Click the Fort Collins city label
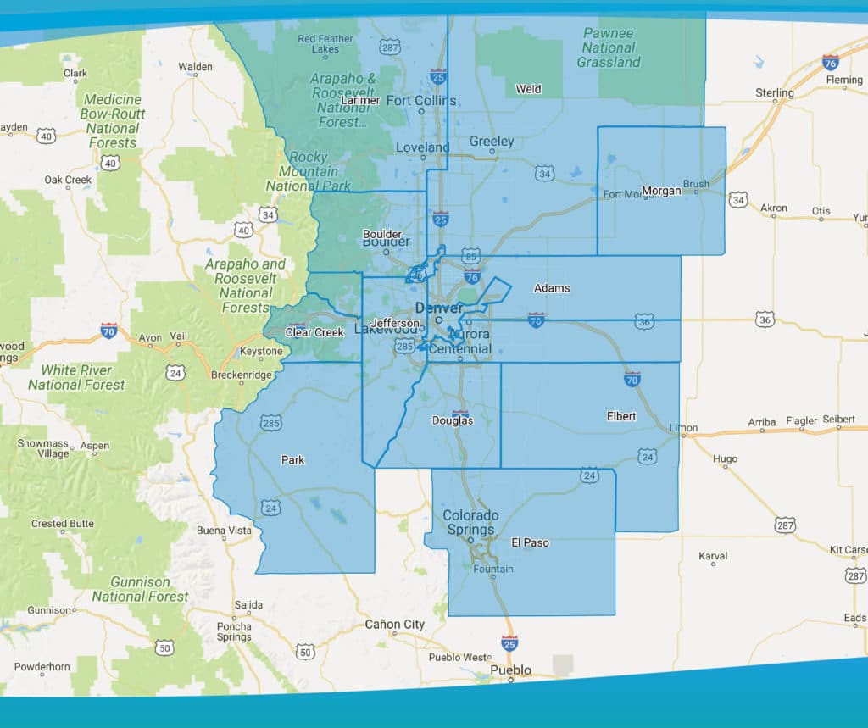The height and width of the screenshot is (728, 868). point(421,101)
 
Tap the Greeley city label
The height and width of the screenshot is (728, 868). point(492,142)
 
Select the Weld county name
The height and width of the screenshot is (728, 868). point(528,89)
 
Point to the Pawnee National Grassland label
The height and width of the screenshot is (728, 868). point(609,48)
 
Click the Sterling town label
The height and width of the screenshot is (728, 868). point(775,92)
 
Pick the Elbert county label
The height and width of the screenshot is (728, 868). point(620,417)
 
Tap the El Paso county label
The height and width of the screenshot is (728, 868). point(530,542)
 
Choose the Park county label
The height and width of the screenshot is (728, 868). point(292,460)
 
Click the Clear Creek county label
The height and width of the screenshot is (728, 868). point(314,332)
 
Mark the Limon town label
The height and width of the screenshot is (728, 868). point(682,428)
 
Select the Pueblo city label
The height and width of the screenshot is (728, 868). point(511,670)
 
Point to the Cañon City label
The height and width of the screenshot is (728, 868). point(394,625)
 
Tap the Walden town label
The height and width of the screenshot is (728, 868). point(195,67)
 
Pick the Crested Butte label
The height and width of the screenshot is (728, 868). point(63,524)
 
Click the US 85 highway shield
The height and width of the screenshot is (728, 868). point(472,254)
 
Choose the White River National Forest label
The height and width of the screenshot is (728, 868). point(77,377)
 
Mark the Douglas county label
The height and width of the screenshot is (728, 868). point(453,420)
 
